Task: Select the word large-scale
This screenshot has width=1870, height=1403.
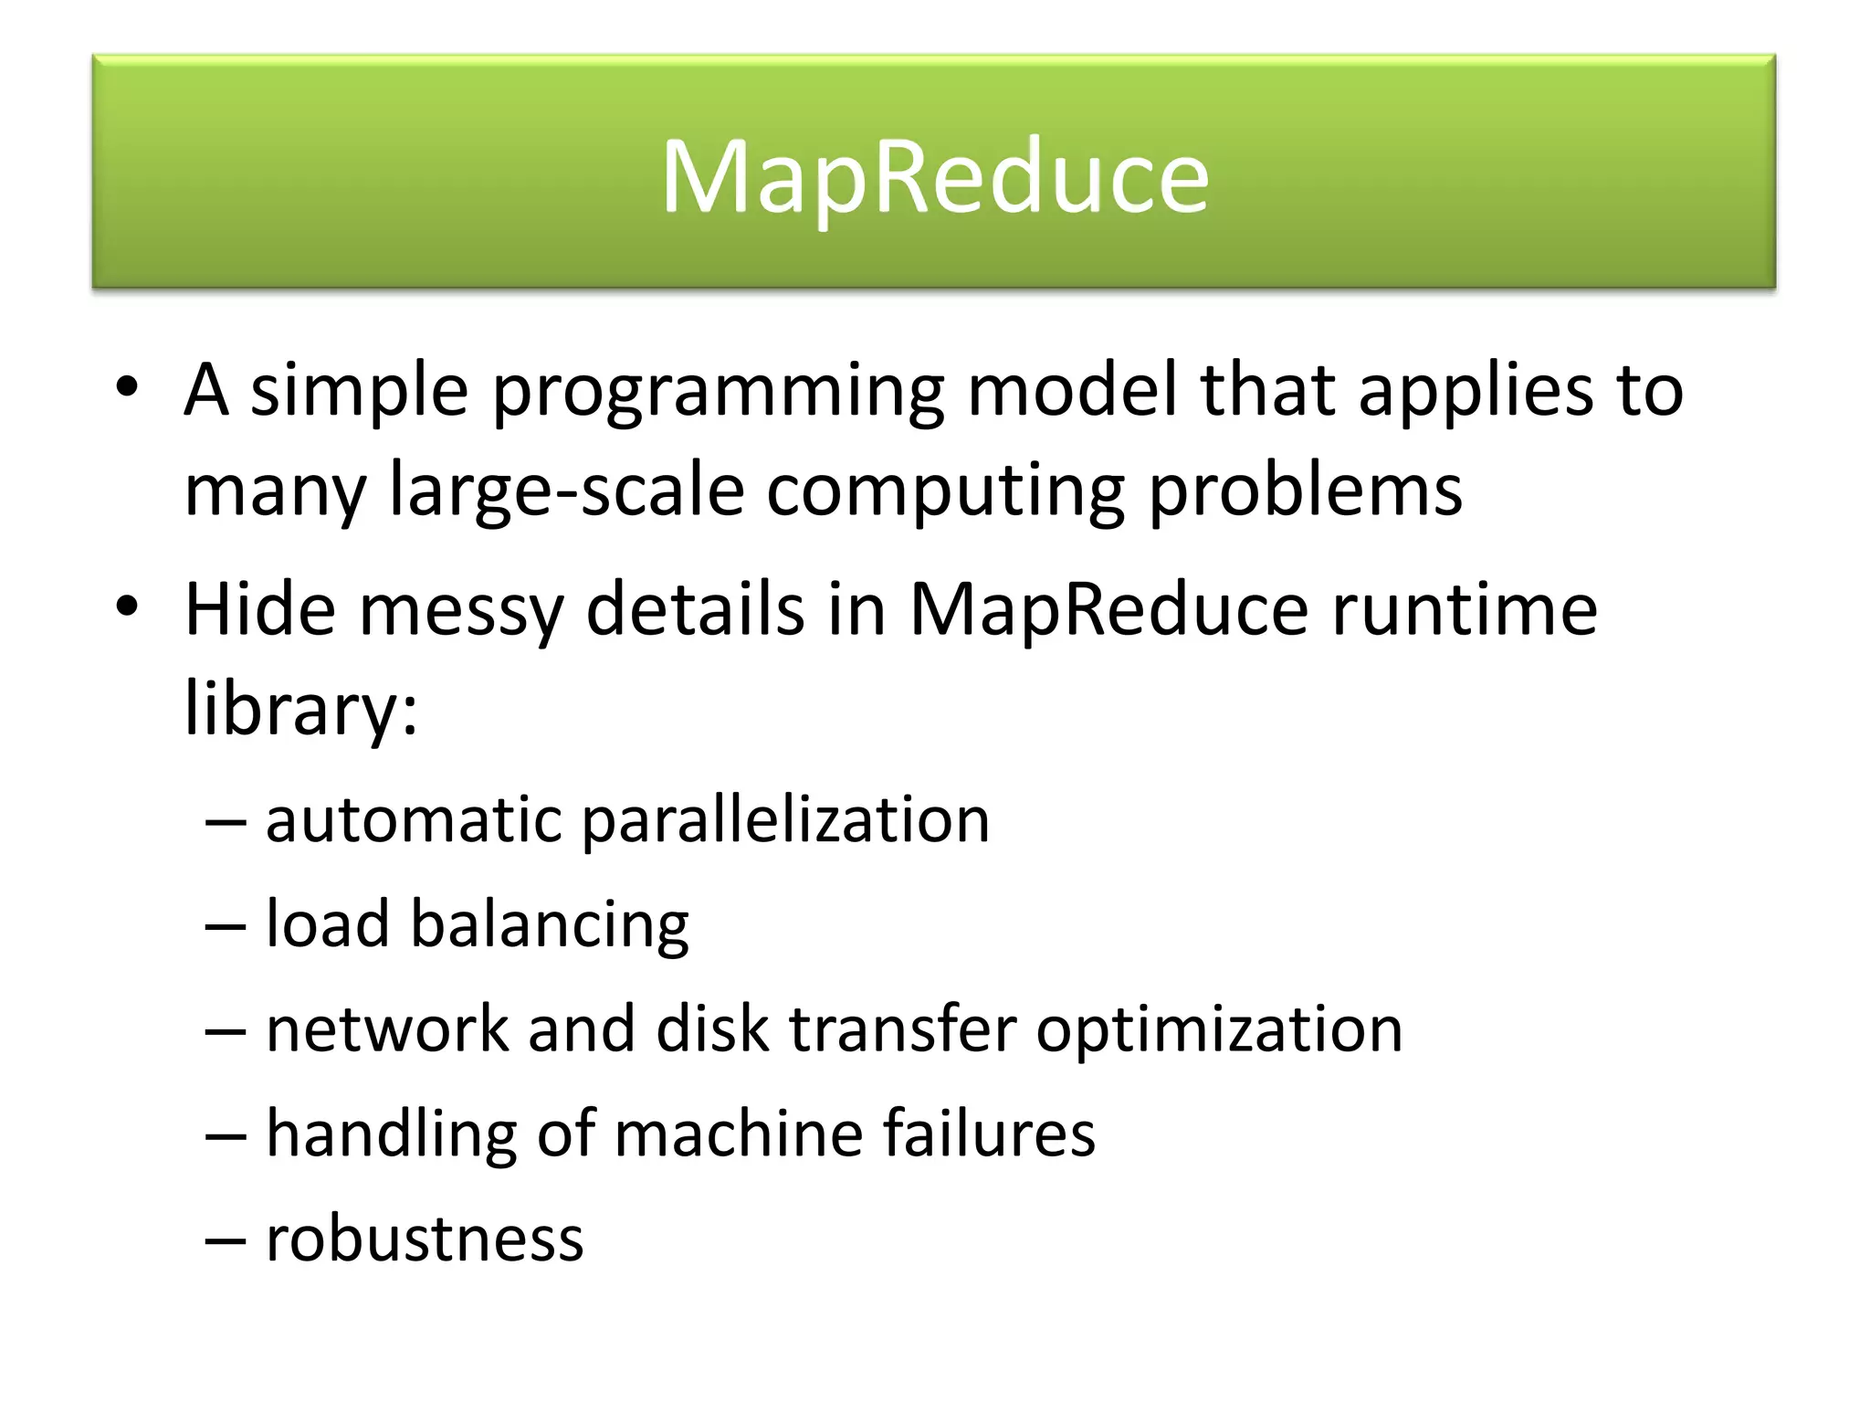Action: [566, 491]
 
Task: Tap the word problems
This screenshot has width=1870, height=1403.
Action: [1305, 491]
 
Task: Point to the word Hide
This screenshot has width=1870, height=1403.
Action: [260, 609]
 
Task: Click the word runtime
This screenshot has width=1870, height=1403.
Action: [1465, 609]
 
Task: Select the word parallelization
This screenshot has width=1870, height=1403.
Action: [785, 820]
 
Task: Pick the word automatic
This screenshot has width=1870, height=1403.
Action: [414, 819]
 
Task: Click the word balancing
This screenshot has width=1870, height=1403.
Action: [550, 926]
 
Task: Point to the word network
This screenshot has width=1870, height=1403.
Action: [387, 1029]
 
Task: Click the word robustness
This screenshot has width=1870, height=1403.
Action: [425, 1239]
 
